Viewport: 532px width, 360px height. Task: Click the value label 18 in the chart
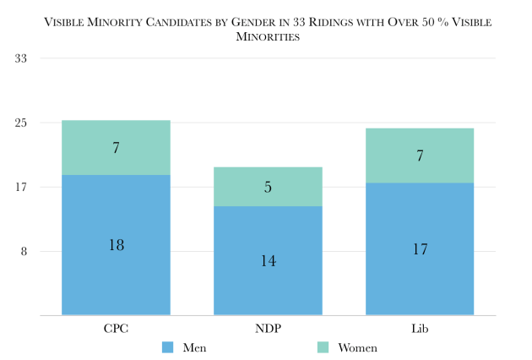pos(116,244)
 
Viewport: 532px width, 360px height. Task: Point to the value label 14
pos(268,260)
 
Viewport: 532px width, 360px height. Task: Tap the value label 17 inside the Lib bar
pos(420,249)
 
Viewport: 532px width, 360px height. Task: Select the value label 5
pos(268,187)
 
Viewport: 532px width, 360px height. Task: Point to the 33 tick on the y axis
pos(21,58)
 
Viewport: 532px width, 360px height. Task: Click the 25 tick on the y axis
pos(21,123)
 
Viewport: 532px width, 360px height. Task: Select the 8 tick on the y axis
pos(24,252)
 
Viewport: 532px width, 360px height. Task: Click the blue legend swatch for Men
pos(167,347)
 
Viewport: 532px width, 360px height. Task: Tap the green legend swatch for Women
pos(321,347)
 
